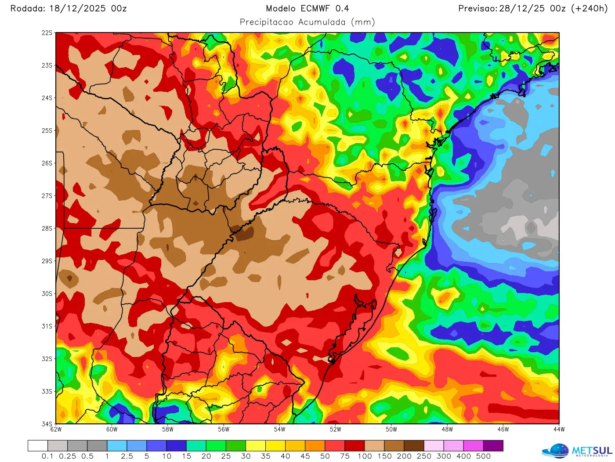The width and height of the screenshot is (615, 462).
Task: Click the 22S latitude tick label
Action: (x=47, y=33)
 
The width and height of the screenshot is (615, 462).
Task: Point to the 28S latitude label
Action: (x=47, y=228)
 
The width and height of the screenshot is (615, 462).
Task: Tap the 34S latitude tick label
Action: (x=47, y=424)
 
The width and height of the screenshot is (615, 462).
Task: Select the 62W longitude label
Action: (x=56, y=430)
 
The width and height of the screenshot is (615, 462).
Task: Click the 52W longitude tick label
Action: (x=335, y=430)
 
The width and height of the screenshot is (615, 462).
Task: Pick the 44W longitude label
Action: (x=559, y=430)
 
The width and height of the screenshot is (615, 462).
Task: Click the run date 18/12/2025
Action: (x=77, y=8)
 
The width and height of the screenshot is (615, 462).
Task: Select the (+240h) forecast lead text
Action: (x=589, y=8)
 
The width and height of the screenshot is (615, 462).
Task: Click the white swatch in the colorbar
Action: (x=38, y=446)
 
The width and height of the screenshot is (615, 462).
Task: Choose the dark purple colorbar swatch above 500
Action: (x=493, y=446)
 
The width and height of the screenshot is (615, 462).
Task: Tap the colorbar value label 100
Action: (x=365, y=456)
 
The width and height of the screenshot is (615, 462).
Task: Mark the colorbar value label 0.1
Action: (x=47, y=456)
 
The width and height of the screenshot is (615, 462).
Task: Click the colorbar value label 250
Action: (x=424, y=456)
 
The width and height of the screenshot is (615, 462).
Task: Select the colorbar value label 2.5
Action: (x=127, y=456)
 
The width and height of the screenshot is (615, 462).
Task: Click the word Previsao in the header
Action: (x=477, y=8)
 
